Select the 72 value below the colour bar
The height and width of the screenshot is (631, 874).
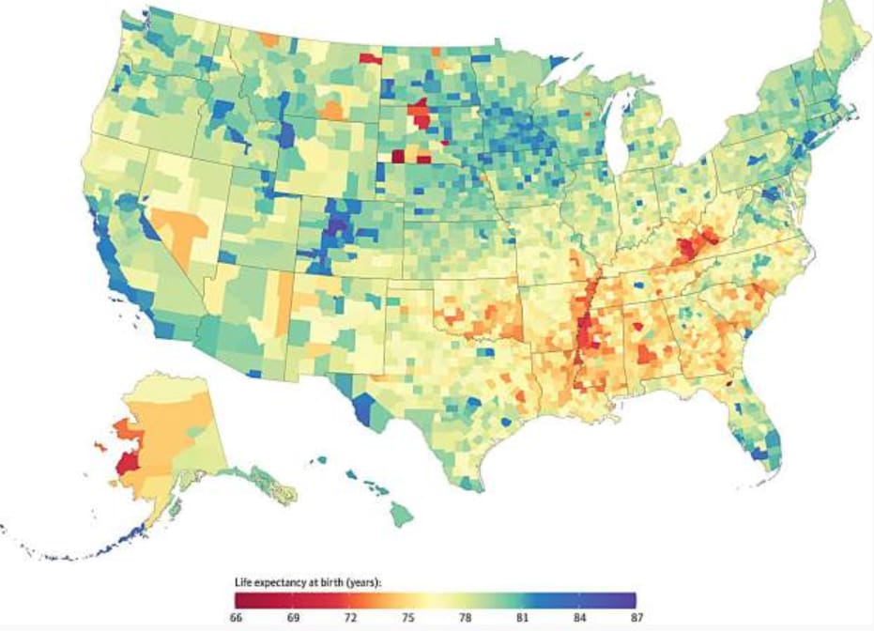pos(349,618)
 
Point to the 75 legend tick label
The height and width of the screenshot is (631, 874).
pos(406,618)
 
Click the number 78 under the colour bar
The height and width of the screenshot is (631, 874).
pos(464,618)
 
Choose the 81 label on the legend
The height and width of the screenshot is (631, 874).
pos(521,618)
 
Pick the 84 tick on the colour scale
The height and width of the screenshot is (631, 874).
pos(578,618)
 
